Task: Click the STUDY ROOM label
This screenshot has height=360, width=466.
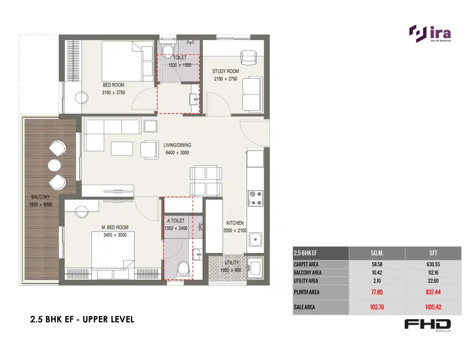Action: pos(226,71)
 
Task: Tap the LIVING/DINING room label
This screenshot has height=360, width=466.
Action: pos(177,145)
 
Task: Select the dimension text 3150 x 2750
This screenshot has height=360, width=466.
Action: pos(113,93)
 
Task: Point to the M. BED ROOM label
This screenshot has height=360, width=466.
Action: pos(115,227)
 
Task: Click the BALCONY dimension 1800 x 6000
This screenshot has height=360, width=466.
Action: pos(41,204)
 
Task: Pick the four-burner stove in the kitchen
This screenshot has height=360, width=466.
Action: pos(256,198)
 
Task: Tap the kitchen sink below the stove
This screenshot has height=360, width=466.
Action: pos(255,239)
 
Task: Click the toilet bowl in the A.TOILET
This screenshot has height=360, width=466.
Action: pos(182,269)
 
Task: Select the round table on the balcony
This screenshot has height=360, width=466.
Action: pos(55,165)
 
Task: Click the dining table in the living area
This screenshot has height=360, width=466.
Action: pos(206,181)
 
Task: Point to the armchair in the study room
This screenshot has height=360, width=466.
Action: pos(248,57)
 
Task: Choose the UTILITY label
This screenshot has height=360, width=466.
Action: pos(232,263)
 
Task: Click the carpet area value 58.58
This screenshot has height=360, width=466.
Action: pos(377,264)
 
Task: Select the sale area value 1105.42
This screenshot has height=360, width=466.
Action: pos(433,307)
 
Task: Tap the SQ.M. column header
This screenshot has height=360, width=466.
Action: pos(377,253)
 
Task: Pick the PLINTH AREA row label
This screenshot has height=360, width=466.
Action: pos(306,292)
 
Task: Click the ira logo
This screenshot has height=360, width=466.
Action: pos(430,34)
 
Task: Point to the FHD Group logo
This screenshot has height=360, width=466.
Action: pos(428,325)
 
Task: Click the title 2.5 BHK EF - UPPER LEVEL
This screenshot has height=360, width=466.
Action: pos(82,319)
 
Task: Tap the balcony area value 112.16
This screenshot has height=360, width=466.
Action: pos(433,273)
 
